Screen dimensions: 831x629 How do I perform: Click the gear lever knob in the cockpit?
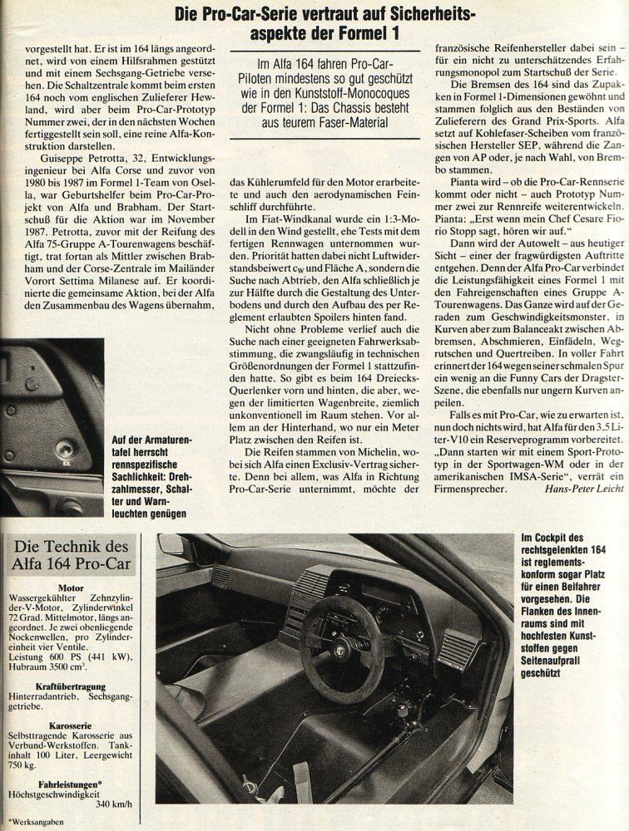tap(403, 711)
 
